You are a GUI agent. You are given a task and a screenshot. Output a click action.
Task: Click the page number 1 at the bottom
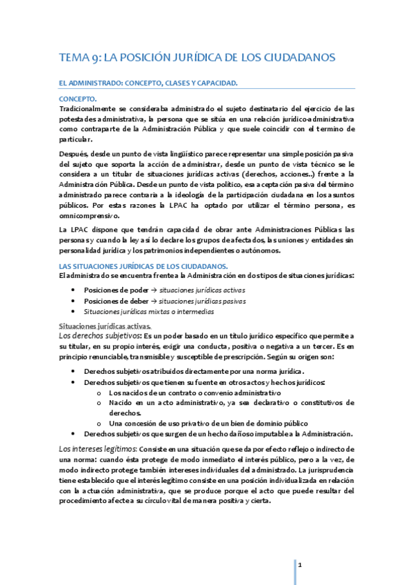point(300,565)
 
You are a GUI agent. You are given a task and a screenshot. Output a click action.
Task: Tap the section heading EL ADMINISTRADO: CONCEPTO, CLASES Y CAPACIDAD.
point(148,83)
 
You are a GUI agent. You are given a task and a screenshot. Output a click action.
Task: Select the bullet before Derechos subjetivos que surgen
point(74,434)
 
